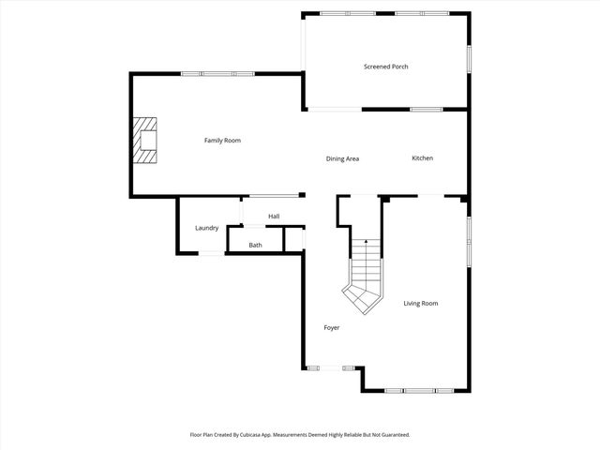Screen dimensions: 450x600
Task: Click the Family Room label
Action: point(223,141)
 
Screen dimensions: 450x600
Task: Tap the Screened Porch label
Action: point(386,67)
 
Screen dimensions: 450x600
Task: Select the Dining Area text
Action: point(342,158)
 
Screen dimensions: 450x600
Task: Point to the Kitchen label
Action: point(423,157)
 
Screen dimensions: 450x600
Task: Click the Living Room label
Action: point(421,304)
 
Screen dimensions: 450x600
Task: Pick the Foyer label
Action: point(332,328)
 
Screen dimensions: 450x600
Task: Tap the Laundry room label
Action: point(207,228)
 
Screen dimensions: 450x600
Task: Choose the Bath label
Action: point(256,246)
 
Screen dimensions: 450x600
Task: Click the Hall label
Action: point(274,217)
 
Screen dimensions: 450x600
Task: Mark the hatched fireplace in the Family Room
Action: point(144,141)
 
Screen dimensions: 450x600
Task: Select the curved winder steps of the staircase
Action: point(362,295)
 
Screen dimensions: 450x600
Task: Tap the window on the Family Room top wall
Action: point(217,74)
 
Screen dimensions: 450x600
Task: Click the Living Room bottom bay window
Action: point(420,390)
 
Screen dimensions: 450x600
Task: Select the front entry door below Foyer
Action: point(331,367)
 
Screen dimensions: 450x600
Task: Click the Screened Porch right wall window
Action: point(468,58)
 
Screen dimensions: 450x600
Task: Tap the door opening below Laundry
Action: point(212,253)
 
